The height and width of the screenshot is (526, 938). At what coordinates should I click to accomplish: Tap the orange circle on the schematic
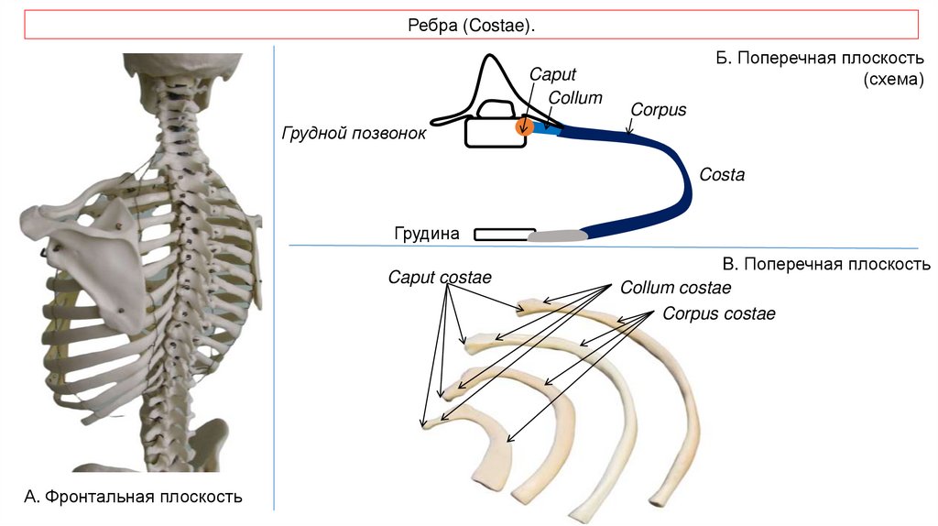(523, 126)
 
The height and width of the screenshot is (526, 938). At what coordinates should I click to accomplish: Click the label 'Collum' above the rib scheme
(575, 97)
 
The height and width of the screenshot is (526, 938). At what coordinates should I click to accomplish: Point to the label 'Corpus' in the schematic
(658, 110)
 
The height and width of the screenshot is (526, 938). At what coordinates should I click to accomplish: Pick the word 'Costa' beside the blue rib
(722, 174)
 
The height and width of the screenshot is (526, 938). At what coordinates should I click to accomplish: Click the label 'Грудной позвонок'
(354, 134)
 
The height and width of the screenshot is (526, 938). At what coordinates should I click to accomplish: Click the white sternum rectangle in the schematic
(505, 235)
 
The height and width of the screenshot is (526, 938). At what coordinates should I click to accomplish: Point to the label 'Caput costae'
(440, 277)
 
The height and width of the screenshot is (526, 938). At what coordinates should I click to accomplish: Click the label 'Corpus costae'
(719, 313)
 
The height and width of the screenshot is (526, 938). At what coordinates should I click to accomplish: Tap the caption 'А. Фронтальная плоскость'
(133, 498)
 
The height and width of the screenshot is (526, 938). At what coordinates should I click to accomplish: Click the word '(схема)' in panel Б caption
(893, 80)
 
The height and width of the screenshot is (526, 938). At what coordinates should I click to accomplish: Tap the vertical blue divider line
(275, 275)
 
